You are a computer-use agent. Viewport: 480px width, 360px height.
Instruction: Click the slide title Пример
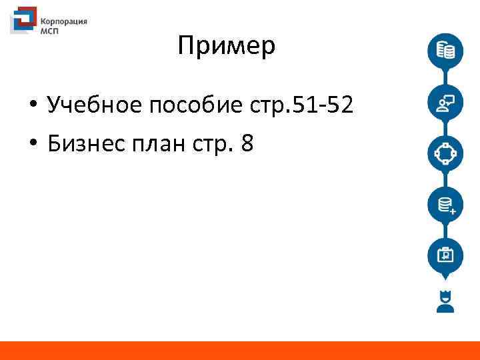pos(227,47)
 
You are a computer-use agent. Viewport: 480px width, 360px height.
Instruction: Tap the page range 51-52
pos(324,105)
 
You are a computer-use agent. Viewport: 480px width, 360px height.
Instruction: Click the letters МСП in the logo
pos(51,31)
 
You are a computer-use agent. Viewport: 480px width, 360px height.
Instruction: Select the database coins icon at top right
pos(445,51)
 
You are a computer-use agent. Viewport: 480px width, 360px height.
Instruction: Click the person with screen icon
pos(445,102)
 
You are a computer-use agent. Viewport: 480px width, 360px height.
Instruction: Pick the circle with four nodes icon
pos(445,153)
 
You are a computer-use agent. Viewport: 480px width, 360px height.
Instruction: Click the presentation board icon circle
pos(445,255)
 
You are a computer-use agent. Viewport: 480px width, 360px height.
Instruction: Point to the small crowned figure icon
pos(445,301)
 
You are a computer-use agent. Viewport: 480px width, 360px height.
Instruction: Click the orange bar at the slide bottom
pos(240,351)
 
